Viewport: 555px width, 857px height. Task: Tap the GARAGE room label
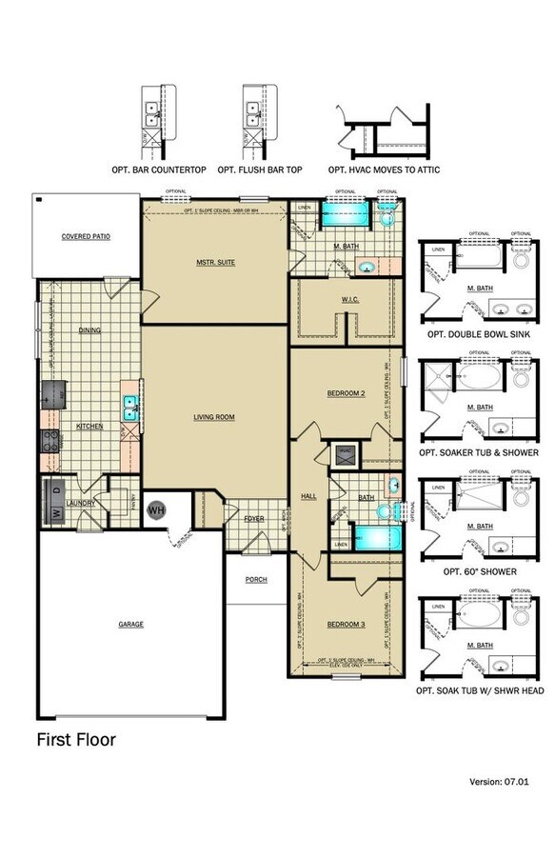pos(130,624)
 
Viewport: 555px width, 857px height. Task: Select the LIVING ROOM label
pos(214,416)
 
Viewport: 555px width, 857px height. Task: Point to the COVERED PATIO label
pos(87,236)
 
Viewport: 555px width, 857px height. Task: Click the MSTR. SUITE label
pos(215,262)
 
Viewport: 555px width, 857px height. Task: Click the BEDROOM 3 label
pos(346,625)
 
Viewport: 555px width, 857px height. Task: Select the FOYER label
pos(253,519)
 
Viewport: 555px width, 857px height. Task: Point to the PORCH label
pos(256,579)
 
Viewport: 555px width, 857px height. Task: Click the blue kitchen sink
pos(130,408)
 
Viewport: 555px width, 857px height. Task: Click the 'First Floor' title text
pos(76,739)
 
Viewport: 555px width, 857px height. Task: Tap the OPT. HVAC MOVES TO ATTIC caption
pos(384,169)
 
